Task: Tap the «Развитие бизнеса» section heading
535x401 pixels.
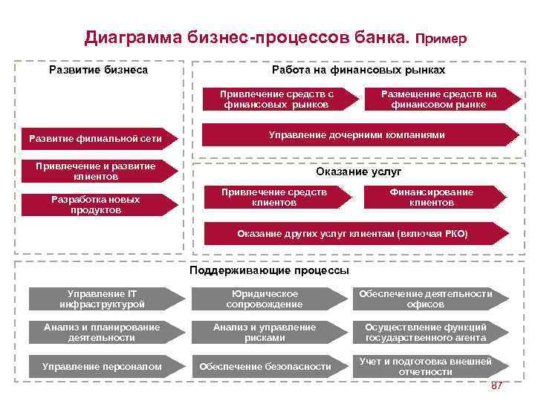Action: click(98, 70)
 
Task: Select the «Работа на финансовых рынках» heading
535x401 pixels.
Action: click(358, 70)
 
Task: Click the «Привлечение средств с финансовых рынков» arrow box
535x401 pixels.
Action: click(277, 100)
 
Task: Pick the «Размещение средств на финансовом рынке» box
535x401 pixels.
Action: click(438, 100)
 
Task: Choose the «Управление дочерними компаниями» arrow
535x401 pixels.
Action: click(356, 134)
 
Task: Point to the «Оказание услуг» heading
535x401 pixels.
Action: click(352, 172)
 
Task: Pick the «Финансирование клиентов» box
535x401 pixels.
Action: click(432, 197)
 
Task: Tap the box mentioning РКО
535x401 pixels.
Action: click(352, 233)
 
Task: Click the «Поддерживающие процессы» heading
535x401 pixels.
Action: click(269, 270)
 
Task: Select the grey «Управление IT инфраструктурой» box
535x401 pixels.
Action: click(103, 299)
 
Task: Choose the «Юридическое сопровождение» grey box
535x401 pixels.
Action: click(265, 299)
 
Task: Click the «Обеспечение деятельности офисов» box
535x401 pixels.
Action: click(426, 299)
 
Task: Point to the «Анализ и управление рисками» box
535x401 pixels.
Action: click(265, 332)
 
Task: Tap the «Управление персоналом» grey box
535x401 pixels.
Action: click(103, 366)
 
